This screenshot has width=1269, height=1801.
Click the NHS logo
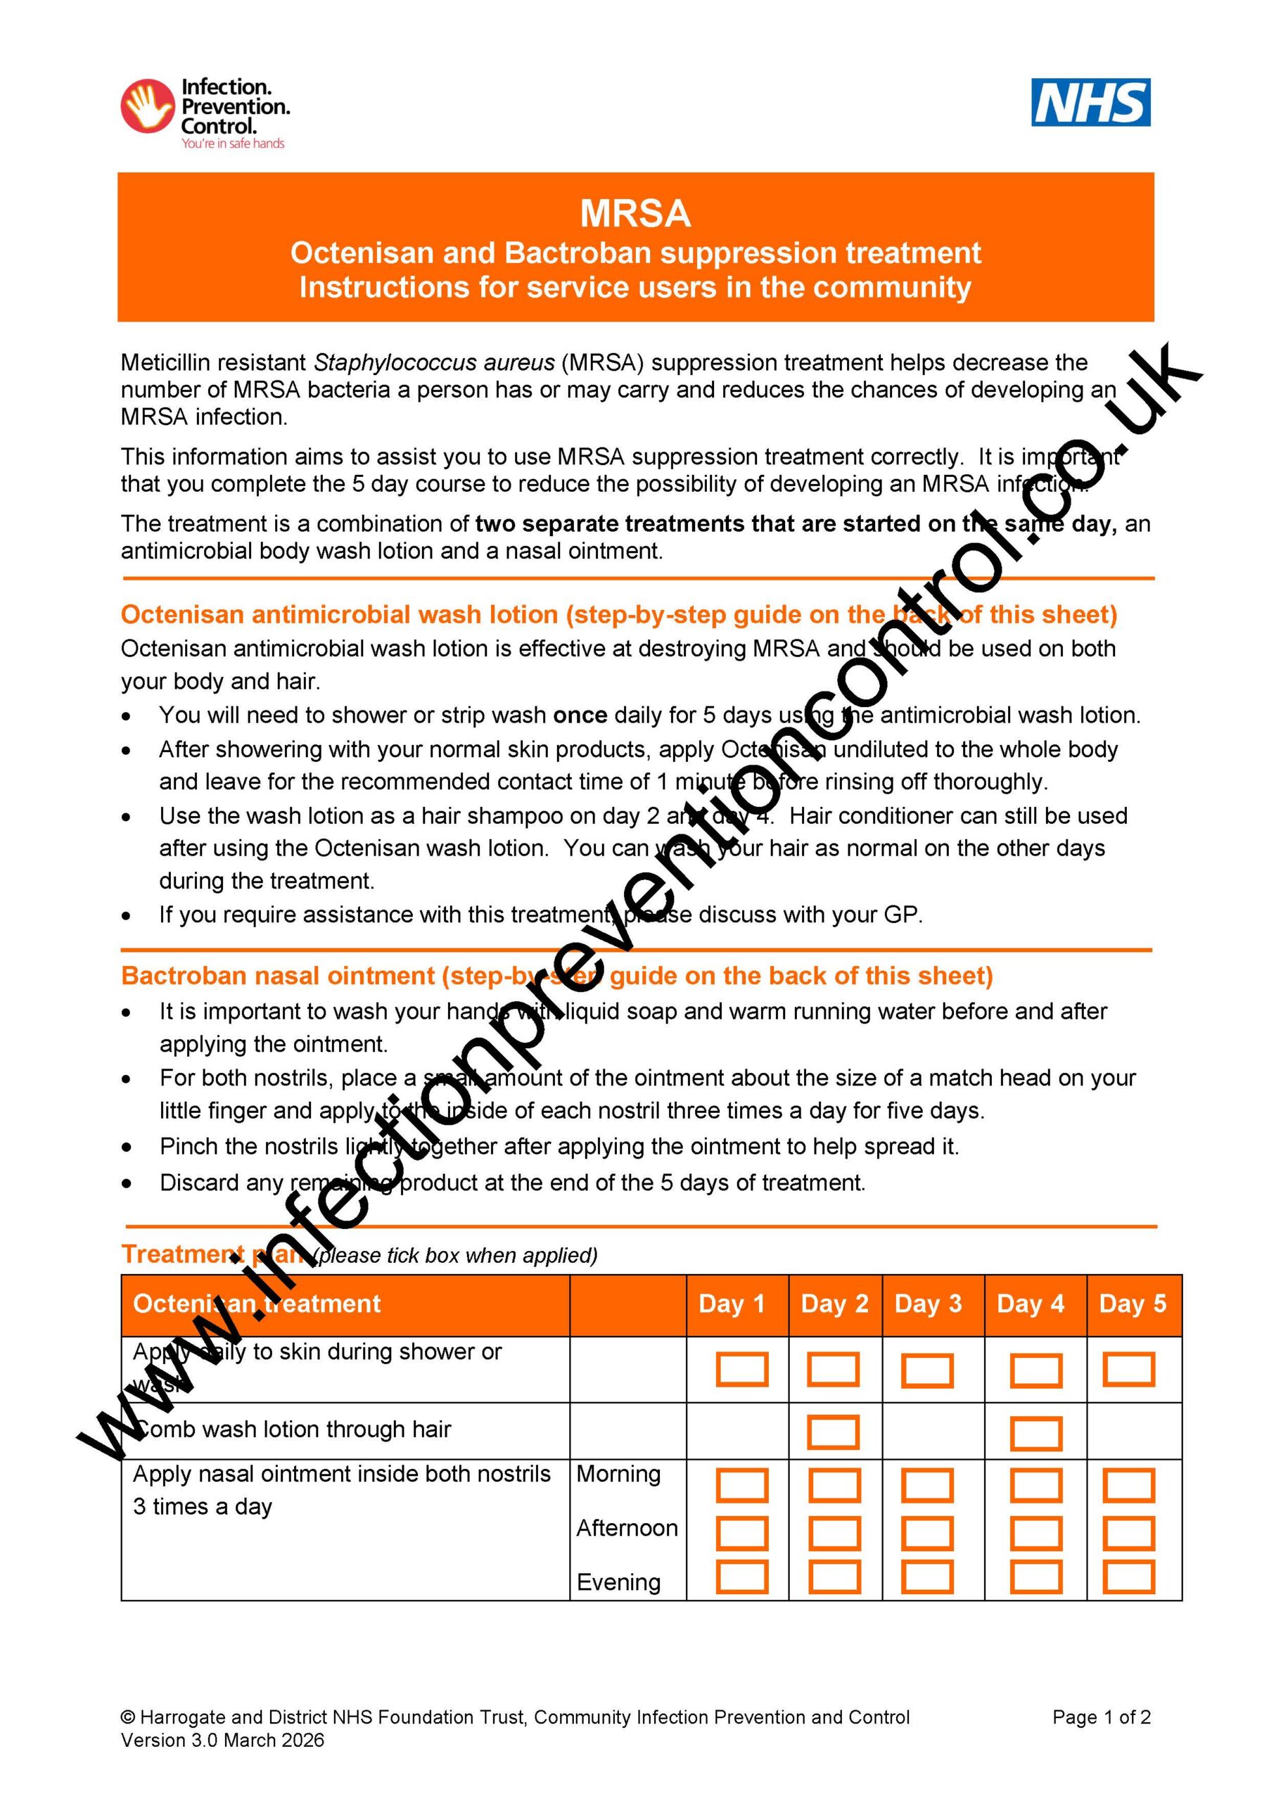tap(1090, 102)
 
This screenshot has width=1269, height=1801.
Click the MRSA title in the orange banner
tap(634, 213)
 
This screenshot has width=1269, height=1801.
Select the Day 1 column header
tap(731, 1304)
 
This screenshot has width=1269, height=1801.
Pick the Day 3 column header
tap(928, 1304)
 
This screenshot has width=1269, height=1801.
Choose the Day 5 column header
tap(1133, 1304)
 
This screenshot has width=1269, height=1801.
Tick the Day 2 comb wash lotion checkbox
tap(833, 1432)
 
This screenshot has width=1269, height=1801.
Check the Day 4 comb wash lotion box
tap(1035, 1433)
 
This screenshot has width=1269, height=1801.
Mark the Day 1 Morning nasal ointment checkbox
tap(742, 1486)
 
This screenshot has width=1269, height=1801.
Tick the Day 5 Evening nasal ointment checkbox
tap(1128, 1577)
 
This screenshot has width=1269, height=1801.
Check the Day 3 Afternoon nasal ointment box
tap(927, 1532)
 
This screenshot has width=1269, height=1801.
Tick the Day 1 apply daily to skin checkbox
tap(742, 1369)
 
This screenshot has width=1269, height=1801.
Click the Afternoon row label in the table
tap(627, 1528)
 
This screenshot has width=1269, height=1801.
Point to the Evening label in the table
tap(619, 1582)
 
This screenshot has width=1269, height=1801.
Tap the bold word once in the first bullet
tap(580, 715)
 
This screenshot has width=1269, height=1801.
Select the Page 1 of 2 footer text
tap(1101, 1717)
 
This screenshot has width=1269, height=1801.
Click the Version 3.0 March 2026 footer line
tap(222, 1740)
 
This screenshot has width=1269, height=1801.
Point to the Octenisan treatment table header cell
tap(257, 1304)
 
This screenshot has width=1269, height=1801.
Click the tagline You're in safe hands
tap(233, 144)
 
